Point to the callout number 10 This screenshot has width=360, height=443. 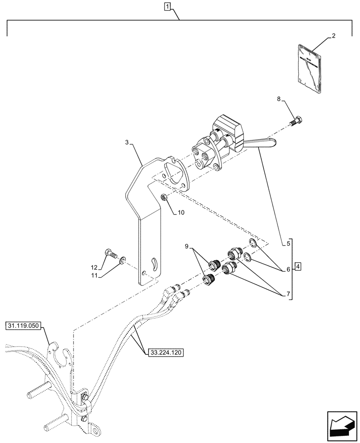point(181,213)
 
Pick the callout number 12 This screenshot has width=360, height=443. point(94,267)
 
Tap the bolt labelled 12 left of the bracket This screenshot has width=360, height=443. point(111,254)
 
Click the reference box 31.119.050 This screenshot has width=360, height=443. point(23,326)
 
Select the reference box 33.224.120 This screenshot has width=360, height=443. point(164,352)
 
